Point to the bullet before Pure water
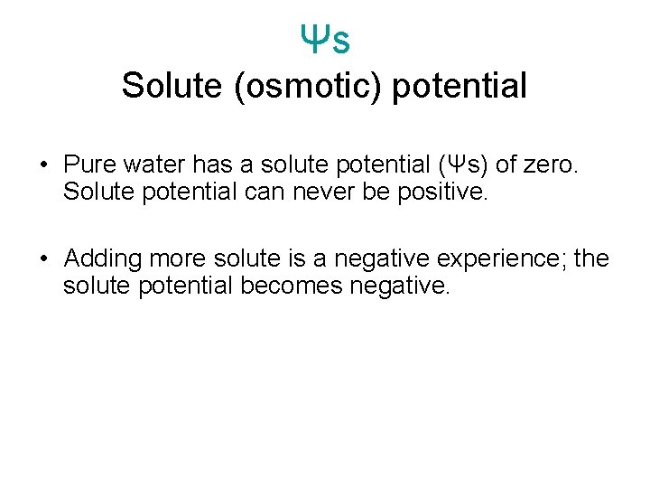click(43, 165)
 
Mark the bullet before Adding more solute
click(43, 259)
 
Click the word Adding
click(103, 259)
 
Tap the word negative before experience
click(382, 259)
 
